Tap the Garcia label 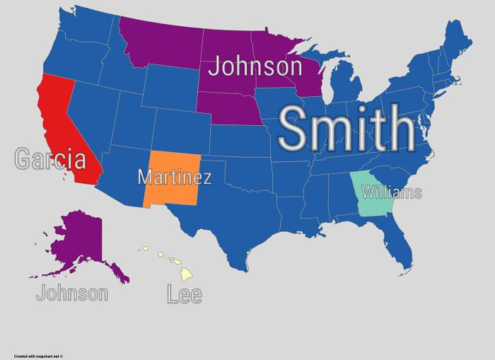(51, 160)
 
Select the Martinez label (174, 176)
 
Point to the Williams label (391, 192)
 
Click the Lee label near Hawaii (185, 294)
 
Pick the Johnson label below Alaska (72, 293)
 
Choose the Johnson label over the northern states (255, 67)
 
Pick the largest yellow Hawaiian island (186, 274)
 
